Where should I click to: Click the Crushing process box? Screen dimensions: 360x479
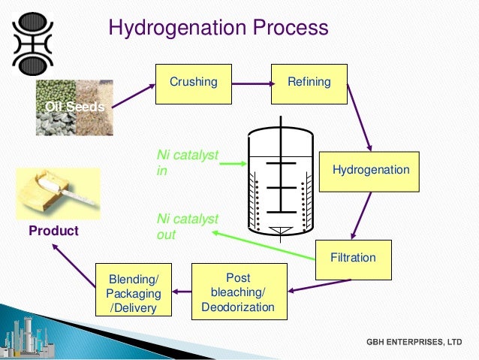point(193,82)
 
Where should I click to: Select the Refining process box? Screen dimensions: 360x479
point(309,82)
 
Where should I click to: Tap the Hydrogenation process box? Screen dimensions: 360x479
point(370,171)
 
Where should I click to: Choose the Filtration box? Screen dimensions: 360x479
point(353,258)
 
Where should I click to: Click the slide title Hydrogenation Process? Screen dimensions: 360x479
point(218,28)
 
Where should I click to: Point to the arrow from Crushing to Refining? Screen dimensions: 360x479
point(249,83)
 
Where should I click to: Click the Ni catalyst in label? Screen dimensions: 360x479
point(187,162)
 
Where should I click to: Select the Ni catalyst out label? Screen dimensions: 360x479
point(187,226)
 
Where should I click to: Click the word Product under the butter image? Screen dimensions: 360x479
point(53,231)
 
